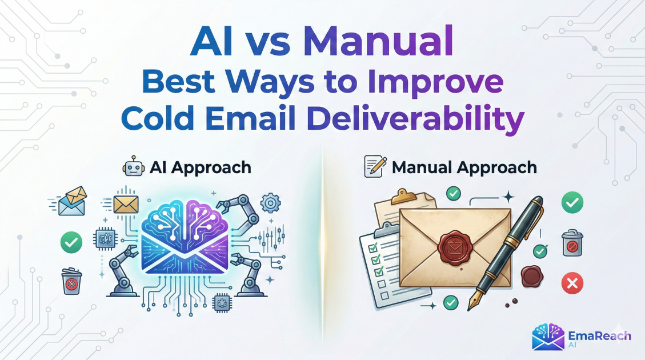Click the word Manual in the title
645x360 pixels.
pyautogui.click(x=378, y=42)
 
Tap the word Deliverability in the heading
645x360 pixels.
pyautogui.click(x=415, y=118)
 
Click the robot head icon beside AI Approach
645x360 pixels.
pyautogui.click(x=133, y=167)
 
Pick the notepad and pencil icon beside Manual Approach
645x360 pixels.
pyautogui.click(x=375, y=166)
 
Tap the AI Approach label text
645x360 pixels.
pyautogui.click(x=201, y=167)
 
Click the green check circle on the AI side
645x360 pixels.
pyautogui.click(x=71, y=242)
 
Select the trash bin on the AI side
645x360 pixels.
pyautogui.click(x=71, y=281)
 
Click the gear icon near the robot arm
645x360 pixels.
pyautogui.click(x=271, y=202)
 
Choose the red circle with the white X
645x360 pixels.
pyautogui.click(x=572, y=283)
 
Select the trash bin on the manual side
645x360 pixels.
pyautogui.click(x=572, y=243)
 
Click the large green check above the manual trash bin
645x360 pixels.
pyautogui.click(x=572, y=202)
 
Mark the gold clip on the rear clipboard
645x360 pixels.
pyautogui.click(x=403, y=196)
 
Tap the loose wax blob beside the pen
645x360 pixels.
pyautogui.click(x=532, y=275)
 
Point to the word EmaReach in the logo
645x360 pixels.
pyautogui.click(x=599, y=336)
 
